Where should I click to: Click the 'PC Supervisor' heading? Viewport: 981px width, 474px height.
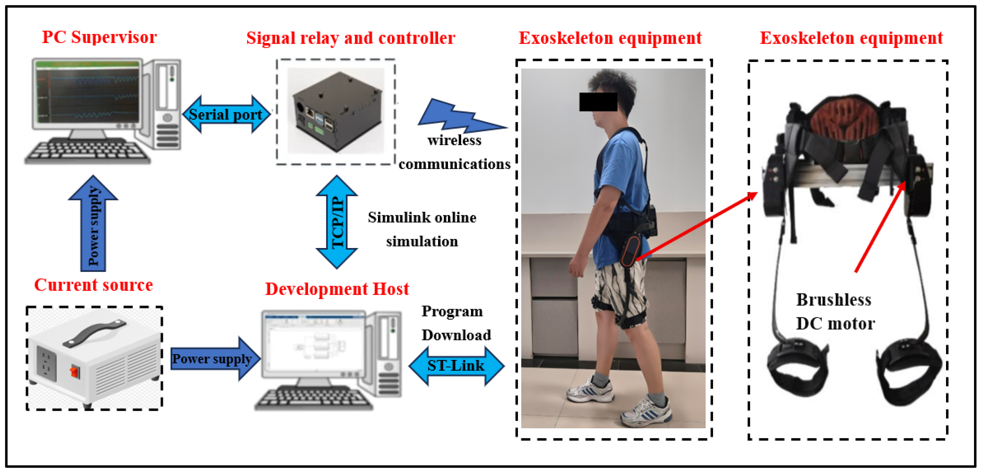[x=99, y=37]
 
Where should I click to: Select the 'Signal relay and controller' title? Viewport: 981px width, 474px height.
[x=350, y=38]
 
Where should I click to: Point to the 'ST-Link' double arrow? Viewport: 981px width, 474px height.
[x=456, y=365]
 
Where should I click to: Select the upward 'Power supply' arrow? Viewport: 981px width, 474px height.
[x=93, y=225]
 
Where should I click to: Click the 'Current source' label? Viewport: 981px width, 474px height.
[x=93, y=285]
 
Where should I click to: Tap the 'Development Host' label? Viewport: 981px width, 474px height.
[x=337, y=289]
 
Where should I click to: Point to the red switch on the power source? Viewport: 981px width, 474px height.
[x=75, y=371]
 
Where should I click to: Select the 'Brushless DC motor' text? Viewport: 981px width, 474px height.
[x=835, y=311]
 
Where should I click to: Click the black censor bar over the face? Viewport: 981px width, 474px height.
[x=598, y=102]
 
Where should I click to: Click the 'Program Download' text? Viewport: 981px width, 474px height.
[x=455, y=323]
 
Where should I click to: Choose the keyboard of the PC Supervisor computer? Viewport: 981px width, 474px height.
[x=88, y=152]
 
